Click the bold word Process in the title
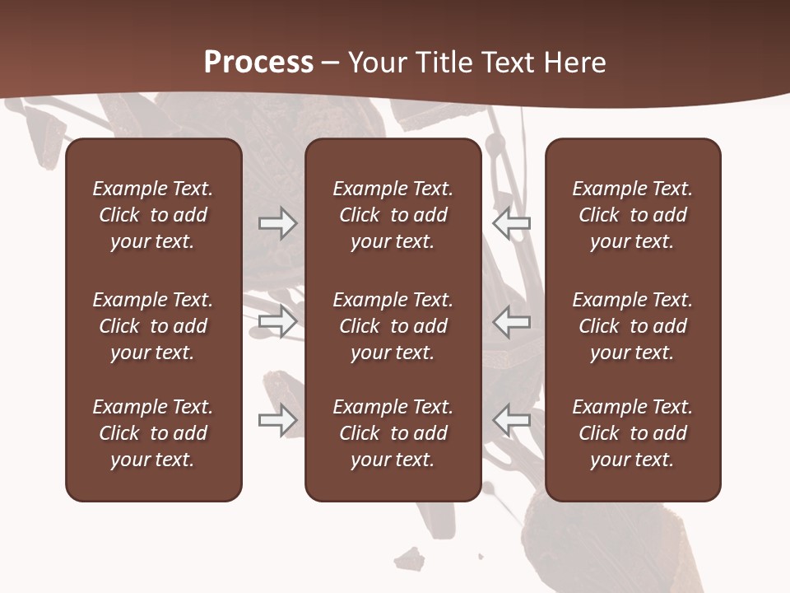(x=258, y=63)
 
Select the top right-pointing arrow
(x=277, y=223)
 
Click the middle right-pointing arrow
(x=277, y=321)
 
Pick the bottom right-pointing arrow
(x=277, y=420)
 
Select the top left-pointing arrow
(x=512, y=223)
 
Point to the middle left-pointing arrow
(x=512, y=321)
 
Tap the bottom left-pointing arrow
(x=512, y=420)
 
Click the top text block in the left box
(x=153, y=215)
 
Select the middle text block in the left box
(x=153, y=326)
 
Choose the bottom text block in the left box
(x=153, y=433)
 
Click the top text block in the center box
(x=393, y=215)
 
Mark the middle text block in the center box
(x=393, y=326)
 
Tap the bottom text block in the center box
(x=393, y=433)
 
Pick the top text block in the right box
(x=632, y=215)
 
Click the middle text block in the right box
(x=632, y=326)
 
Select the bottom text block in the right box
(x=632, y=433)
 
